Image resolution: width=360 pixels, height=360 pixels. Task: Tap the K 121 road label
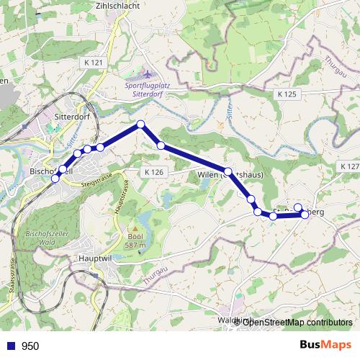click(x=94, y=63)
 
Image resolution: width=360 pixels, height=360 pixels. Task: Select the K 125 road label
click(x=287, y=94)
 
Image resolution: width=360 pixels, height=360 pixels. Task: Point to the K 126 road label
click(x=153, y=172)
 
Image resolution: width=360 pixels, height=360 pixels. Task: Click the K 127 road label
click(x=348, y=166)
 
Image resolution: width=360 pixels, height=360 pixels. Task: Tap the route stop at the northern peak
click(x=141, y=125)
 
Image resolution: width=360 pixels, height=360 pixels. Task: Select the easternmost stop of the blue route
click(x=305, y=214)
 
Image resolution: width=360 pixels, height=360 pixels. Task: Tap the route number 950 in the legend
click(x=30, y=346)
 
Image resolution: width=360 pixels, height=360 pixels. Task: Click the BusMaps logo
click(x=320, y=345)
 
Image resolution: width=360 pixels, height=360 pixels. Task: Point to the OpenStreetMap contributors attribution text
click(x=297, y=322)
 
